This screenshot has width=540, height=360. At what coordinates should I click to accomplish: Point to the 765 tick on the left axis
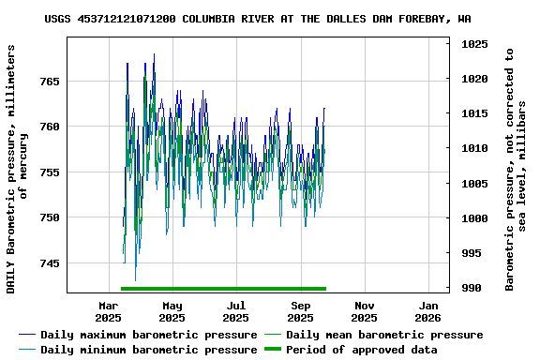pos(49,82)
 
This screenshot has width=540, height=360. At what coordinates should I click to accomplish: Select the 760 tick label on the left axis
pos(49,127)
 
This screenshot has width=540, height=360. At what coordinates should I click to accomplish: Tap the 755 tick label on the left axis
pos(49,172)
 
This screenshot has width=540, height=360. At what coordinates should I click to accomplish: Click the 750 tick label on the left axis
pos(49,217)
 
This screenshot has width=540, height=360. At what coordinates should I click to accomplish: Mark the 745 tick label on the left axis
pos(49,263)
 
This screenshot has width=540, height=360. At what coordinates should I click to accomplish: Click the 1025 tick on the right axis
pos(474,44)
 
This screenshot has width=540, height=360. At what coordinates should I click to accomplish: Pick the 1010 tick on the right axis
pos(474,148)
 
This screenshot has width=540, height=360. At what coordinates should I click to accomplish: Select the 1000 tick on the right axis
pos(474,218)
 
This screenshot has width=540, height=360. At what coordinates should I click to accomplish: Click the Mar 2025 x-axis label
pos(109,311)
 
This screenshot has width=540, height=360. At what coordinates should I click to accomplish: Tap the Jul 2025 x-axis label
pos(236,311)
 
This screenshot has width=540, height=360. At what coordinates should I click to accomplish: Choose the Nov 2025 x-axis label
pos(365,311)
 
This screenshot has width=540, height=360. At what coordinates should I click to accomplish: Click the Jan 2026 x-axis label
pos(428,311)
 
